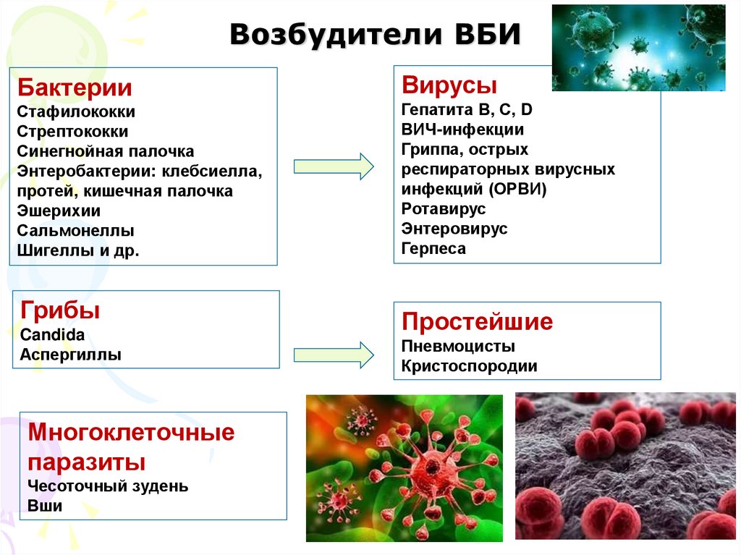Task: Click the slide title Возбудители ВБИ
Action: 375,35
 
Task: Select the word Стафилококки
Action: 76,112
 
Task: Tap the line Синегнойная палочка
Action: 106,152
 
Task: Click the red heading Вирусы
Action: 449,85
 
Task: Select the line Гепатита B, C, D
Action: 467,110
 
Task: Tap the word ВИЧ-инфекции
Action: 462,130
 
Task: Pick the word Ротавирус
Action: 443,209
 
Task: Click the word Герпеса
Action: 433,249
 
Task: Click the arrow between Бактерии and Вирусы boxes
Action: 334,166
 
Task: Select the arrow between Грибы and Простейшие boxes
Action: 334,354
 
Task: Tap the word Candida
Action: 52,335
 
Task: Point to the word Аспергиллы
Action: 70,355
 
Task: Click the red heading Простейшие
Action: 477,321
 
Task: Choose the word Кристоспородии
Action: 469,365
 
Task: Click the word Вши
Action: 45,506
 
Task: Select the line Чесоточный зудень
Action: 108,486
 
